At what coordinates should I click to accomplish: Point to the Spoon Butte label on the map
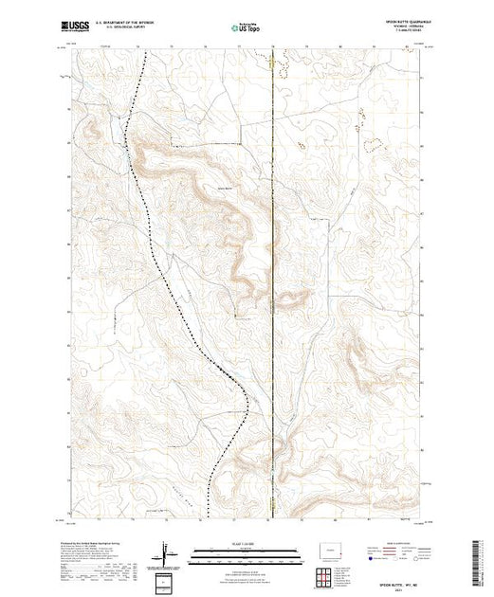tap(225, 190)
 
